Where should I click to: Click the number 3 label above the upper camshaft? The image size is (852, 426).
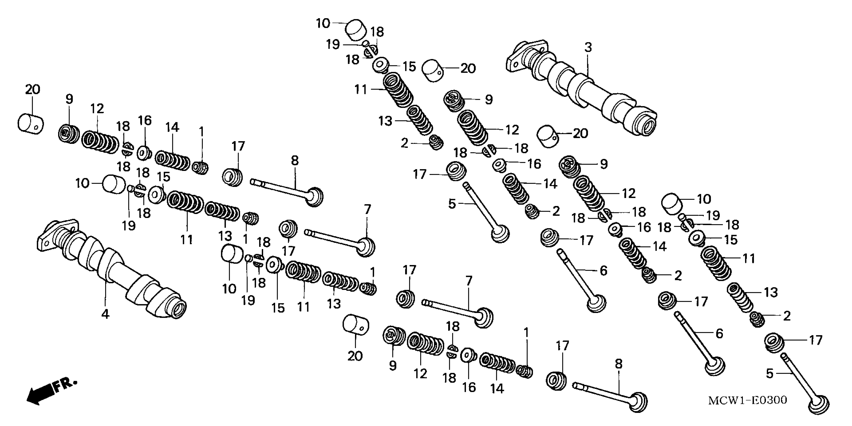point(588,48)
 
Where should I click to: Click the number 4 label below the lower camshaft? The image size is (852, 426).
point(105,314)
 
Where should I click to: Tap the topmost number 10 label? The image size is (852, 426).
point(323,24)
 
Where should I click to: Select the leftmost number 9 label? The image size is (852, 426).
point(69,99)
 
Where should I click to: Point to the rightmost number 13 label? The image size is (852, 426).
point(771,292)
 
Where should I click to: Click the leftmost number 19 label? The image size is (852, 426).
point(129,226)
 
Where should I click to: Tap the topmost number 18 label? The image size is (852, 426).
point(377,32)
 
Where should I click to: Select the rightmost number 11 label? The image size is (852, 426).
point(749,258)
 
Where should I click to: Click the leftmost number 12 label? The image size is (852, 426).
point(97,109)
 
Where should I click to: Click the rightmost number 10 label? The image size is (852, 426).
point(704,199)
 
